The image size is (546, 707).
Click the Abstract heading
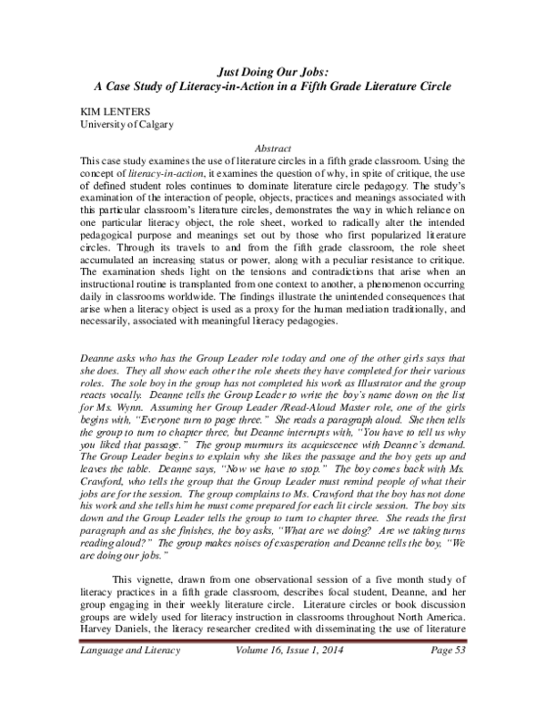click(x=272, y=147)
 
